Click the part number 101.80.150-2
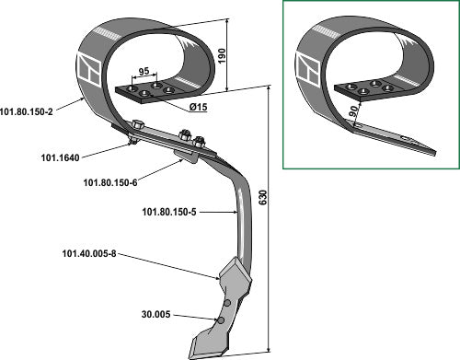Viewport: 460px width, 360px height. coord(27,111)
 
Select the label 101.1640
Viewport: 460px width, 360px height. coord(61,157)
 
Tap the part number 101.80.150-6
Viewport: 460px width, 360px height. coord(110,182)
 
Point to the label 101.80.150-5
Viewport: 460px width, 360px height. coord(169,212)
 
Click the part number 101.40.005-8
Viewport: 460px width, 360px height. coord(89,254)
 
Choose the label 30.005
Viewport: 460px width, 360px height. coord(155,315)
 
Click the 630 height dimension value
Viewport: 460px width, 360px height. coord(263,198)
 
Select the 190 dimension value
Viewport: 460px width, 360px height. coord(222,56)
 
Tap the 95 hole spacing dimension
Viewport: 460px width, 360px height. coord(144,72)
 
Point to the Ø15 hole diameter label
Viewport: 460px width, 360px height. coord(198,107)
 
